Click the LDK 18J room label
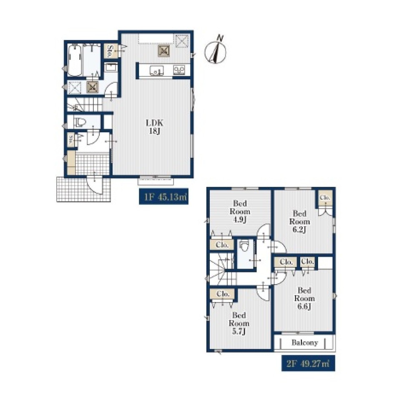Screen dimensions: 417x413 tap(154, 127)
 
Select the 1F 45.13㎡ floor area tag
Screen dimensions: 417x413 tap(163, 197)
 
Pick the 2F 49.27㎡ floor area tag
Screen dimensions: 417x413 tap(308, 363)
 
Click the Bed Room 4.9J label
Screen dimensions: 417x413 tap(240, 212)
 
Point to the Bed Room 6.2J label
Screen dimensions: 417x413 tap(299, 222)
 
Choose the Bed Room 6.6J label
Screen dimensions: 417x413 tap(304, 298)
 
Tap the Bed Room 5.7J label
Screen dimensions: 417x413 tap(239, 323)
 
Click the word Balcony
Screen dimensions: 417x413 tap(305, 342)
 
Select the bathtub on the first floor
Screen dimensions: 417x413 tap(75, 60)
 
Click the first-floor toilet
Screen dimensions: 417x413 tap(80, 123)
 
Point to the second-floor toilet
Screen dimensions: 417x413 tap(244, 246)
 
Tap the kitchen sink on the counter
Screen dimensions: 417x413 tap(157, 71)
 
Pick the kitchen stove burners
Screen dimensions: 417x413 tap(179, 70)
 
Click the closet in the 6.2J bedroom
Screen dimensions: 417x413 tap(325, 198)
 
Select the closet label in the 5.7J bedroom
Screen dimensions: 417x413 tap(223, 294)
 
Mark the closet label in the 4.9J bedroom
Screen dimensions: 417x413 tap(222, 245)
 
